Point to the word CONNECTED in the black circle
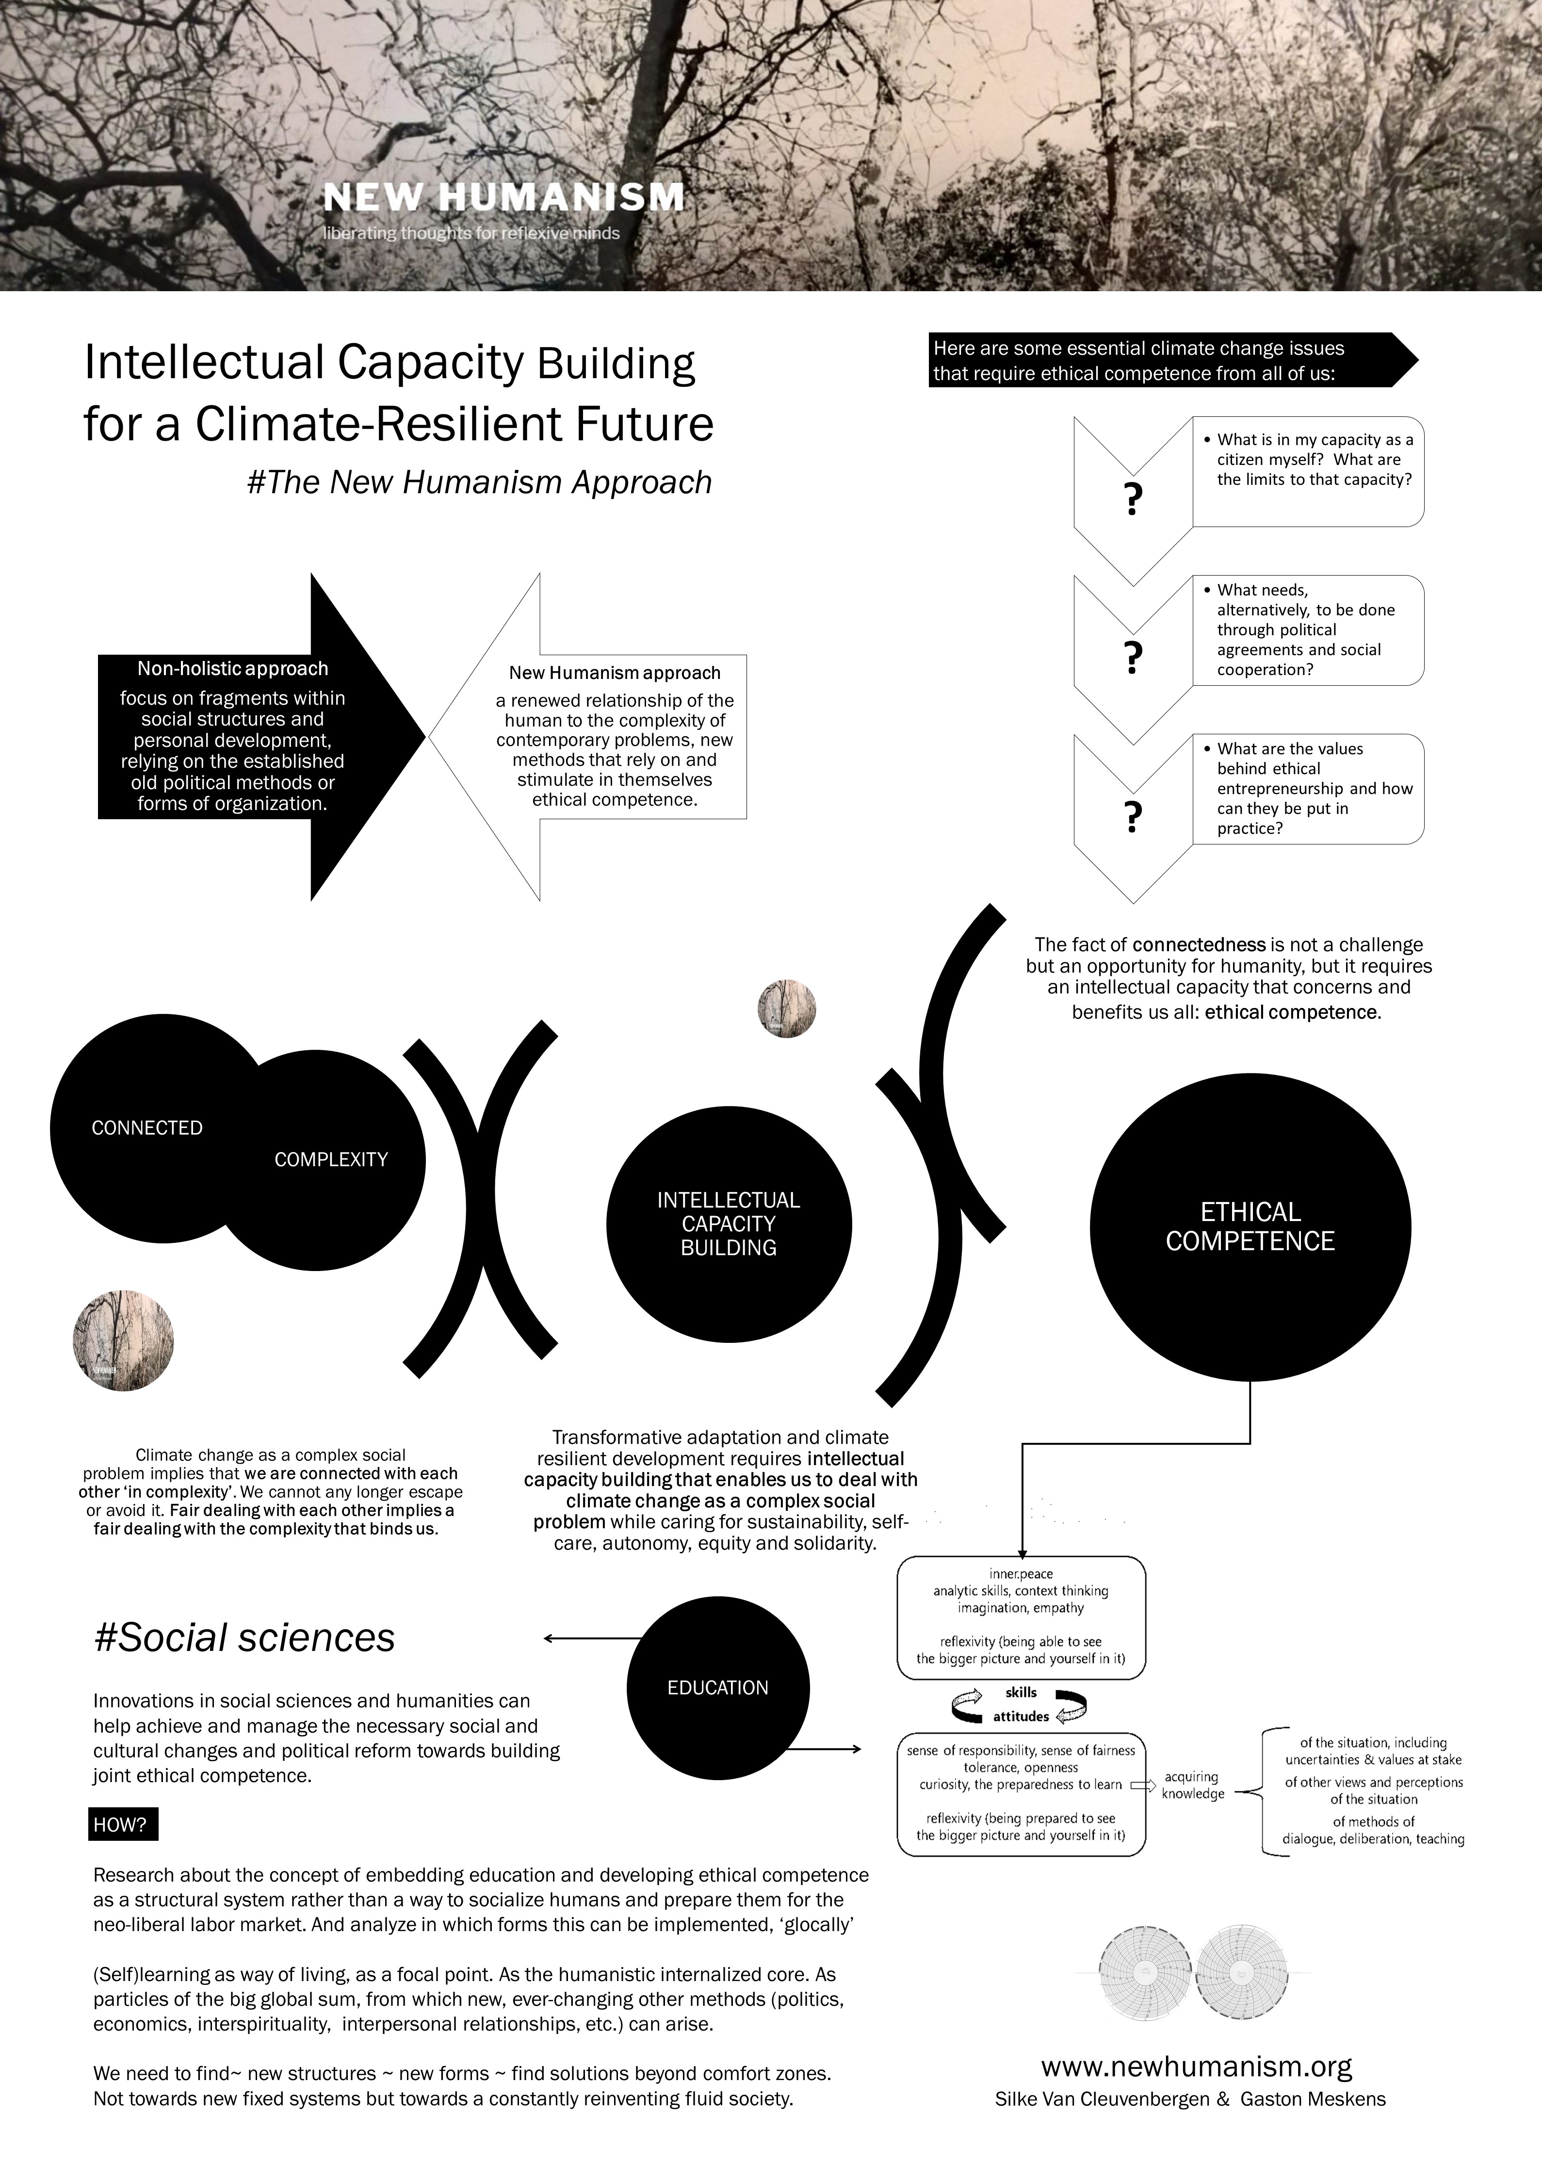point(147,1127)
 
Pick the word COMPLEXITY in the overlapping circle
point(331,1159)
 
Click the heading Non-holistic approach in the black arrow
point(233,669)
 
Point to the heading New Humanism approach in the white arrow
point(615,673)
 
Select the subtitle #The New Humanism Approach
point(479,482)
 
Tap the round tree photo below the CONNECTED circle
point(123,1340)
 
